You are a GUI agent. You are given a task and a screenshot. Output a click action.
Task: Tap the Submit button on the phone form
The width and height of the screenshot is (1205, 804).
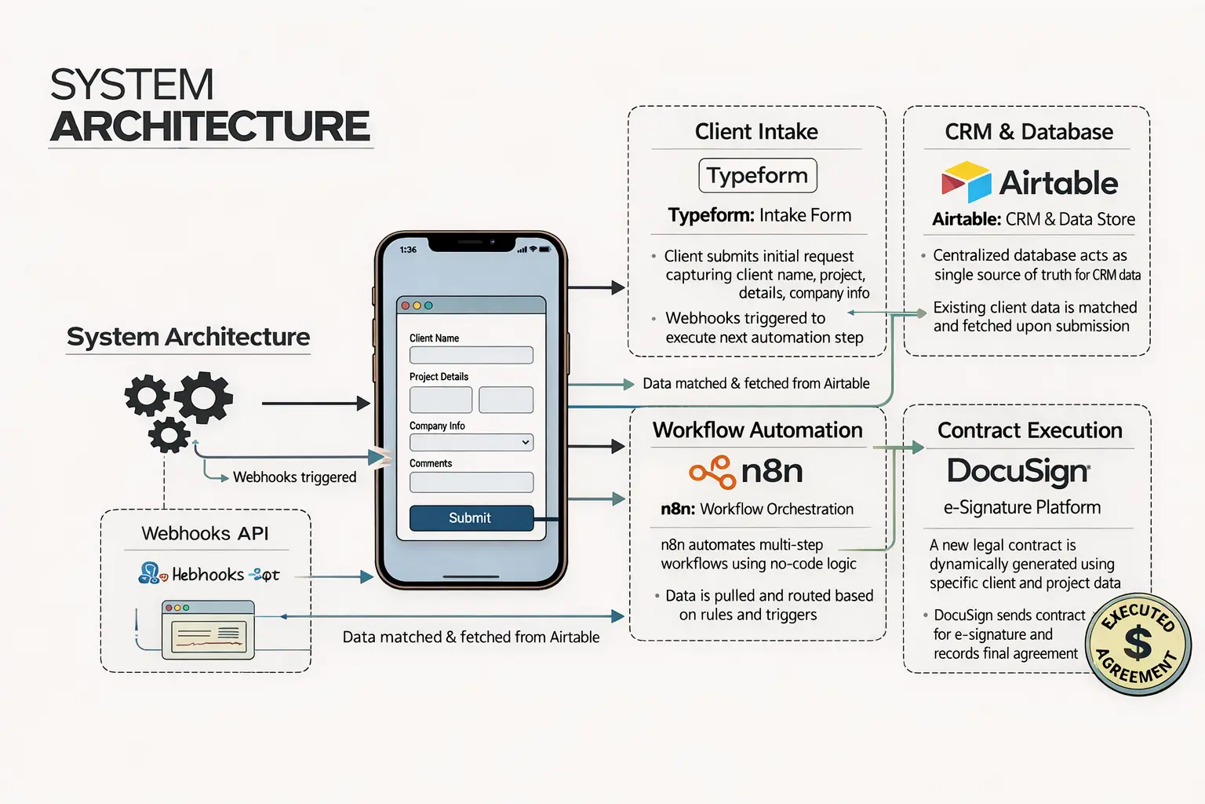[x=471, y=518]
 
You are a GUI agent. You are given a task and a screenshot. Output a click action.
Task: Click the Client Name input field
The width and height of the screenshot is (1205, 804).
[x=471, y=355]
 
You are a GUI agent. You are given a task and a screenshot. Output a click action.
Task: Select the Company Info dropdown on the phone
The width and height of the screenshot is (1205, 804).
[x=471, y=443]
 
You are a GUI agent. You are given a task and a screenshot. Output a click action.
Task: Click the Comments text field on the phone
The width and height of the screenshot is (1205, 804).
[x=471, y=482]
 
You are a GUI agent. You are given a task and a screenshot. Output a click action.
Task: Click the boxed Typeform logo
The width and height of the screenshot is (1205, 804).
[x=757, y=175]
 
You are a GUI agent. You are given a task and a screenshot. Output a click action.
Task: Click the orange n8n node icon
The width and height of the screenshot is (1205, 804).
[x=712, y=471]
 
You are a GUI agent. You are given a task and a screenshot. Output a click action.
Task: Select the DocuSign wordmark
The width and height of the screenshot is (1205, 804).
[x=1018, y=471]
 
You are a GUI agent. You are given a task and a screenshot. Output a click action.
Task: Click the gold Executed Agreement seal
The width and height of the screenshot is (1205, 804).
[x=1138, y=645]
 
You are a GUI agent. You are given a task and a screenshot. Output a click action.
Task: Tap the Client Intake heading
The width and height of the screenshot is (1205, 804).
[x=756, y=131]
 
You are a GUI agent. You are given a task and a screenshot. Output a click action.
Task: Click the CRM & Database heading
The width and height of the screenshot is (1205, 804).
[x=1028, y=131]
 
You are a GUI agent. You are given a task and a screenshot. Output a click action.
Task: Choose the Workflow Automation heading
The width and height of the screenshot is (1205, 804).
[x=757, y=430]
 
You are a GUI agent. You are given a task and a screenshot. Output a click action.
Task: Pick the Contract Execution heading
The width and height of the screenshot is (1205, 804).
[x=1029, y=430]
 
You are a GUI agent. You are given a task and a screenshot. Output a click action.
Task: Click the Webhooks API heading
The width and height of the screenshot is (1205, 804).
[x=205, y=534]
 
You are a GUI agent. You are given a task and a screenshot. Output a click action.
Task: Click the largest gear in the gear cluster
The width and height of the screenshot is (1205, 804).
[x=204, y=397]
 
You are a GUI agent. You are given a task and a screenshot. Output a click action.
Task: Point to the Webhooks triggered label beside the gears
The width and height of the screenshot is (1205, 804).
[x=294, y=477]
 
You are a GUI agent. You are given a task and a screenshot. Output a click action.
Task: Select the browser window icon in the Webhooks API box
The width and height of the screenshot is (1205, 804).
[x=208, y=630]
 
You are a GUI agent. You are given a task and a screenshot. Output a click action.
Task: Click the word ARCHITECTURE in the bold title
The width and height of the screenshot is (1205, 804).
[x=210, y=126]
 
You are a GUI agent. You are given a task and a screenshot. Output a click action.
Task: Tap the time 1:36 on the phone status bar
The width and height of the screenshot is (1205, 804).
[x=408, y=250]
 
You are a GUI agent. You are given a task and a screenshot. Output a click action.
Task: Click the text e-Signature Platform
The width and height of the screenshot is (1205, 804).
[x=1021, y=508]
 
